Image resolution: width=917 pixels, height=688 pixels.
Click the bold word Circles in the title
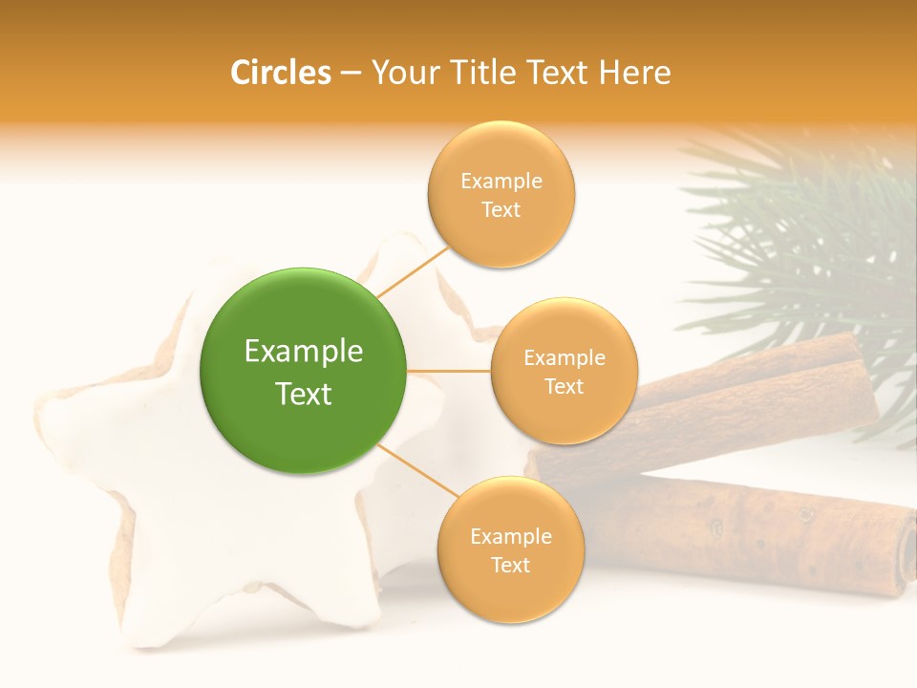281,73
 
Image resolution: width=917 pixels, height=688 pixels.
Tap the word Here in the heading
635,73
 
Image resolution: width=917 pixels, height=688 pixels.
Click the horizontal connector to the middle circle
448,371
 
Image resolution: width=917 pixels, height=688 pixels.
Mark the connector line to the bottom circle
418,469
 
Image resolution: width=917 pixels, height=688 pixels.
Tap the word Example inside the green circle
303,352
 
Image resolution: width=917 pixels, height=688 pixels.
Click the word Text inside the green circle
303,394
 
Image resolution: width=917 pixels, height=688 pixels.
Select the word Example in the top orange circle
501,182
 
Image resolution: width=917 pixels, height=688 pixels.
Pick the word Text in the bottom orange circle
510,565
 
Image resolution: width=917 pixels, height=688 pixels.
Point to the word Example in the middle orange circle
564,358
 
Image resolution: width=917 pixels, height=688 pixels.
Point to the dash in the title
350,74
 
